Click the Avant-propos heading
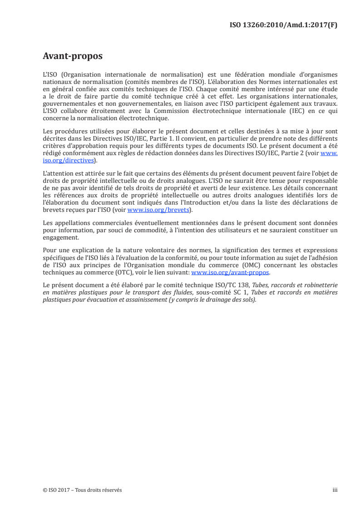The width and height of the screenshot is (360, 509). [x=72, y=56]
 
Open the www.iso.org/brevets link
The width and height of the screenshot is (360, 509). [x=158, y=210]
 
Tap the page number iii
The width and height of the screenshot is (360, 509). [x=335, y=490]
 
